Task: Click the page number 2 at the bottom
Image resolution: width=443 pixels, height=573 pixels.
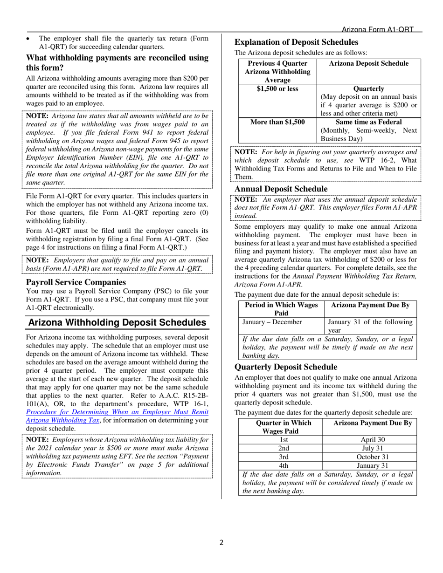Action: point(221,542)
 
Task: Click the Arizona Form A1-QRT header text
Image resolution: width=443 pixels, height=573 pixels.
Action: point(378,29)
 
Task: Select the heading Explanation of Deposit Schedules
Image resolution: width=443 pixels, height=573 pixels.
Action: point(296,42)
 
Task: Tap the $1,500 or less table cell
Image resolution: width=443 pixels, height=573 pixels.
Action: point(277,89)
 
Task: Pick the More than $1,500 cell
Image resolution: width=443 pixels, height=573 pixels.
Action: point(277,122)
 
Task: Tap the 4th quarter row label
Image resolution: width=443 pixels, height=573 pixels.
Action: point(284,465)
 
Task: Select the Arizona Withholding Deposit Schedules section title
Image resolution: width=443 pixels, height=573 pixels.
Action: point(118,322)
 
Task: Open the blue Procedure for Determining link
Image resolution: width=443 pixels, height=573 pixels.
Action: point(117,412)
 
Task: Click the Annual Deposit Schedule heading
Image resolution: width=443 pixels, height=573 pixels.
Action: point(281,189)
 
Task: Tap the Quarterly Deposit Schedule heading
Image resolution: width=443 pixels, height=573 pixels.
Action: point(285,367)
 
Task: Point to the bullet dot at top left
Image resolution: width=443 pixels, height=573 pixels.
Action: point(29,39)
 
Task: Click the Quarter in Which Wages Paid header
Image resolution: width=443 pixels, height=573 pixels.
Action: point(284,427)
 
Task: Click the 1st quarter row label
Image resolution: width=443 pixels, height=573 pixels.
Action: point(284,439)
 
